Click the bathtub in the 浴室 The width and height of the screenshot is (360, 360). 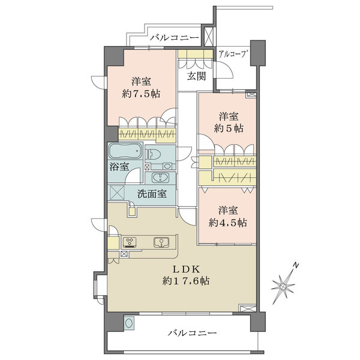[x=125, y=151]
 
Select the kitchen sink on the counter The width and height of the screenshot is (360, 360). [x=161, y=242]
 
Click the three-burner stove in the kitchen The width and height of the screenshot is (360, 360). [x=130, y=242]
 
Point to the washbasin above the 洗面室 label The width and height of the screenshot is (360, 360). [x=160, y=178]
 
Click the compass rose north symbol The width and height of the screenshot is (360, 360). [x=283, y=286]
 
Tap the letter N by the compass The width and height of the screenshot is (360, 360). [x=296, y=266]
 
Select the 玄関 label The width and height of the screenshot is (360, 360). [x=196, y=76]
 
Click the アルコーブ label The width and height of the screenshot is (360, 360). [x=233, y=54]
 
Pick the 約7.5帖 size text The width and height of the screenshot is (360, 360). [x=141, y=94]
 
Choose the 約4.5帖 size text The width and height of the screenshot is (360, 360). [x=228, y=223]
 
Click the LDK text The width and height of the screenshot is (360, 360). [x=186, y=269]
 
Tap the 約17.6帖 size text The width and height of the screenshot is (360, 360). [x=186, y=281]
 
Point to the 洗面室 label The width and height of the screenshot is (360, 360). [x=152, y=194]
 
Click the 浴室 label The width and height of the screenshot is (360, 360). [x=119, y=167]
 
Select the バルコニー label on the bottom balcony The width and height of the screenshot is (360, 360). [x=192, y=332]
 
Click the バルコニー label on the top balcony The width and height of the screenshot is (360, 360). [x=175, y=37]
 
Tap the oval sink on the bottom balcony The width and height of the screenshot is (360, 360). [x=129, y=323]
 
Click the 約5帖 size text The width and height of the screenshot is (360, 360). [x=229, y=128]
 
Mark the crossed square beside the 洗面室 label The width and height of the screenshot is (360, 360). [x=118, y=193]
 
